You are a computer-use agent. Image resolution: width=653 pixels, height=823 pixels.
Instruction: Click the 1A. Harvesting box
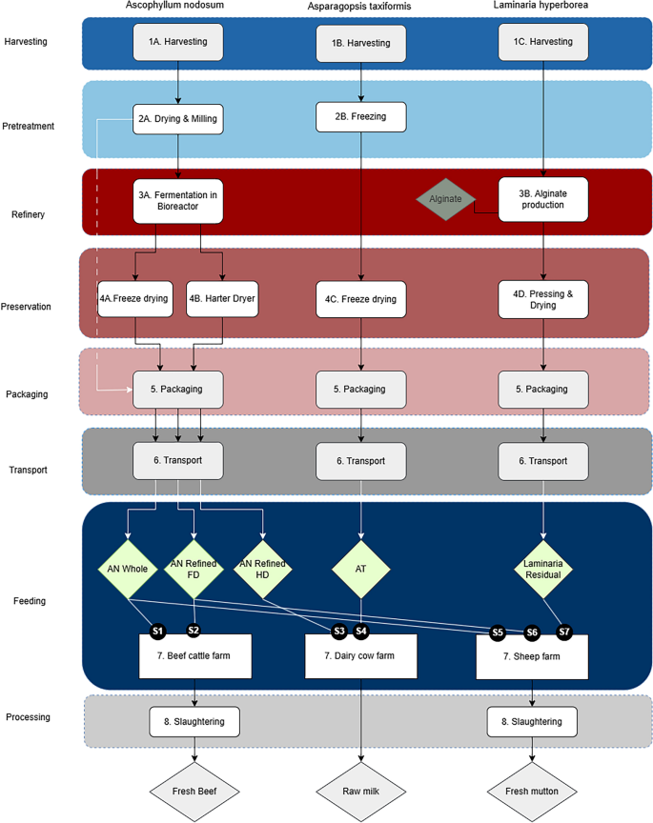pos(177,43)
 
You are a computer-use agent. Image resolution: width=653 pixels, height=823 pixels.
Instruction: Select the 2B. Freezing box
pos(361,117)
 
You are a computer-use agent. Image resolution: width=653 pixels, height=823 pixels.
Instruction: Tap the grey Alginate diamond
pos(445,198)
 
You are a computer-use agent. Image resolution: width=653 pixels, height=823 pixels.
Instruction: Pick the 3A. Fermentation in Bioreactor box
pos(178,200)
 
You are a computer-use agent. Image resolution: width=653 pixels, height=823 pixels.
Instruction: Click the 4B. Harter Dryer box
pos(222,299)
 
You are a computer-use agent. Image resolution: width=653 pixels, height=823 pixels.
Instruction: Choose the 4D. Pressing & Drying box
pos(542,299)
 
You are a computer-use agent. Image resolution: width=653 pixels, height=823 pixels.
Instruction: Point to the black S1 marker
pos(158,630)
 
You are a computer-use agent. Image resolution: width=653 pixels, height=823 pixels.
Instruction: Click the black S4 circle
pos(361,631)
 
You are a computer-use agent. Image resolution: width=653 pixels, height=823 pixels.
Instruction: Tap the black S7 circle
pos(563,631)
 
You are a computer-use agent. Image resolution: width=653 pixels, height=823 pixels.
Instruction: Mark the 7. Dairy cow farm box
pos(361,656)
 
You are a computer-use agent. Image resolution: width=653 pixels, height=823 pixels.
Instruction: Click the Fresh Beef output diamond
pos(195,791)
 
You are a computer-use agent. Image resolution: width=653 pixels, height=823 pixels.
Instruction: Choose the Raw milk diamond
pos(361,791)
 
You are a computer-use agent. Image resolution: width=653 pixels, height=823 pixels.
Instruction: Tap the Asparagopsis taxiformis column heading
pos(361,8)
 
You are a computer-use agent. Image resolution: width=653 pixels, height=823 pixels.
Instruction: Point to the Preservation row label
pos(27,307)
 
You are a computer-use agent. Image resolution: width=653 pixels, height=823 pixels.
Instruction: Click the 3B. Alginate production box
pos(542,199)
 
